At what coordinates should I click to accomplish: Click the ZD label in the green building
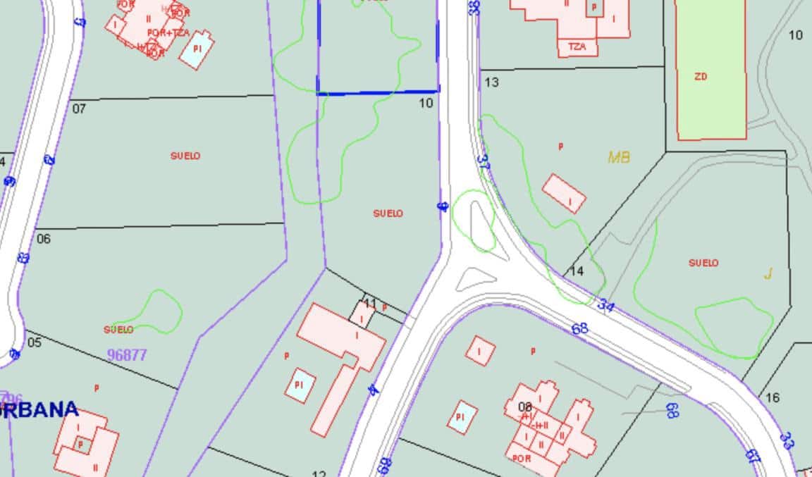(x=701, y=77)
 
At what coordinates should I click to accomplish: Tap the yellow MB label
(x=619, y=157)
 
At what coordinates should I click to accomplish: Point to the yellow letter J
(x=768, y=274)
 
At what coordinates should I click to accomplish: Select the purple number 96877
(x=127, y=355)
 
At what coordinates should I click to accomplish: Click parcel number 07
(x=79, y=109)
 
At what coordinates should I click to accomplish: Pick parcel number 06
(x=44, y=239)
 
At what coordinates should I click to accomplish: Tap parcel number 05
(x=34, y=342)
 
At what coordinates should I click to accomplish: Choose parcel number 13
(x=491, y=82)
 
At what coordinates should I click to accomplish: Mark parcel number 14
(x=577, y=271)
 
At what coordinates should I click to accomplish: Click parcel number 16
(x=773, y=397)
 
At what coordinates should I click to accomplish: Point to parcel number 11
(x=370, y=304)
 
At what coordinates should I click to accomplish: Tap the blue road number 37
(x=484, y=161)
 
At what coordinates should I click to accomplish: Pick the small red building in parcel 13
(x=564, y=193)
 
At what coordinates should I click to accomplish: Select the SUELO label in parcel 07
(x=185, y=156)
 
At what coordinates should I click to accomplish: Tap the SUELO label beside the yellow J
(x=703, y=263)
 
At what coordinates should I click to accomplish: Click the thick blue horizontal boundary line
(x=378, y=92)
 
